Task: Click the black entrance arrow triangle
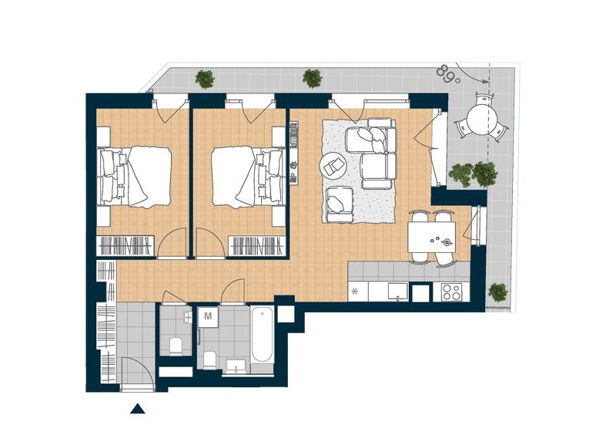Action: point(138,409)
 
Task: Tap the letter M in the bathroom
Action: point(208,316)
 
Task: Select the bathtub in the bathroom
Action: point(262,335)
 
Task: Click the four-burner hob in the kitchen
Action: point(450,292)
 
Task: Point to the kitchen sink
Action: point(397,292)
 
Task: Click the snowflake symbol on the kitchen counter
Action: point(355,292)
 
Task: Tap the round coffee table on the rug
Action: point(333,165)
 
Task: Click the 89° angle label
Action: point(447,74)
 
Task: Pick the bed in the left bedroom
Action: point(134,177)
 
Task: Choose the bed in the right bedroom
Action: point(248,177)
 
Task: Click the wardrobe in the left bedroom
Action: point(126,247)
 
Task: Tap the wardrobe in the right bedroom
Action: point(257,247)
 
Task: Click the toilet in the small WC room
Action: point(176,346)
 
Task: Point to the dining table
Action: point(431,238)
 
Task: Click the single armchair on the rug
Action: point(339,203)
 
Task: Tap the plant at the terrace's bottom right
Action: point(497,292)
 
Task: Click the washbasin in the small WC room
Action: point(188,316)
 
